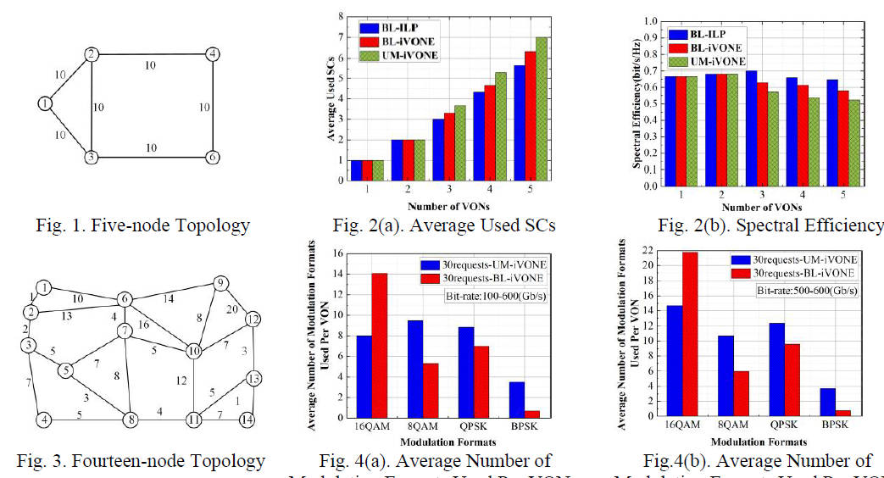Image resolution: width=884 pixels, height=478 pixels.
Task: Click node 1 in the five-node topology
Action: coord(45,103)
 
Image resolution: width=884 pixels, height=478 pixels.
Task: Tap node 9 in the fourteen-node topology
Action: coord(220,283)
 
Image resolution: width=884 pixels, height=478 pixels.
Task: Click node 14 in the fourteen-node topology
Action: coord(247,419)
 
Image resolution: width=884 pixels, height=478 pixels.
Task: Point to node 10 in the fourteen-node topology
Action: coord(194,351)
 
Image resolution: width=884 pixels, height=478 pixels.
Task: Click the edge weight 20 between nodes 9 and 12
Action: coord(232,309)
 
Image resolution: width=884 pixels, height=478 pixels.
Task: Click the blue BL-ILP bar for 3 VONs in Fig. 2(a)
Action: coord(439,149)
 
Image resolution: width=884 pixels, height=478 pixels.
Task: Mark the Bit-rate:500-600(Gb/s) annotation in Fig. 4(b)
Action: coord(807,290)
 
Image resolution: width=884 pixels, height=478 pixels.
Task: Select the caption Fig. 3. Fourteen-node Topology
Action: coord(141,462)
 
